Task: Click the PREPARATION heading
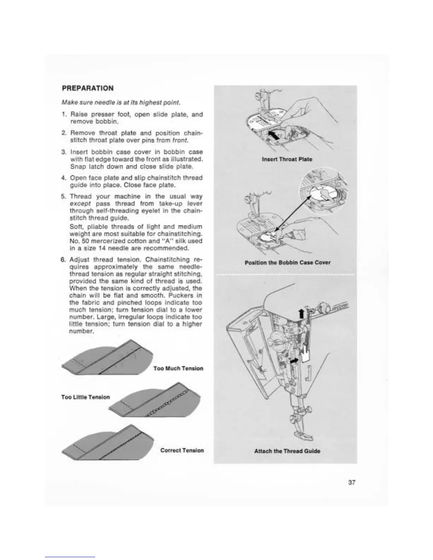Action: [x=88, y=88]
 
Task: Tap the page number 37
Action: [x=351, y=482]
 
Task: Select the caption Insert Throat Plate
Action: [x=287, y=159]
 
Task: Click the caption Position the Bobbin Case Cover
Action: [x=288, y=262]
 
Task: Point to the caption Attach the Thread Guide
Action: [x=287, y=451]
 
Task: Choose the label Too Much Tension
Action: [x=178, y=368]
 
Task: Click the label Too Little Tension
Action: [x=85, y=397]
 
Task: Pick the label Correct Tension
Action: [x=182, y=450]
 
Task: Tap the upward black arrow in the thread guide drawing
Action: [x=301, y=313]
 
